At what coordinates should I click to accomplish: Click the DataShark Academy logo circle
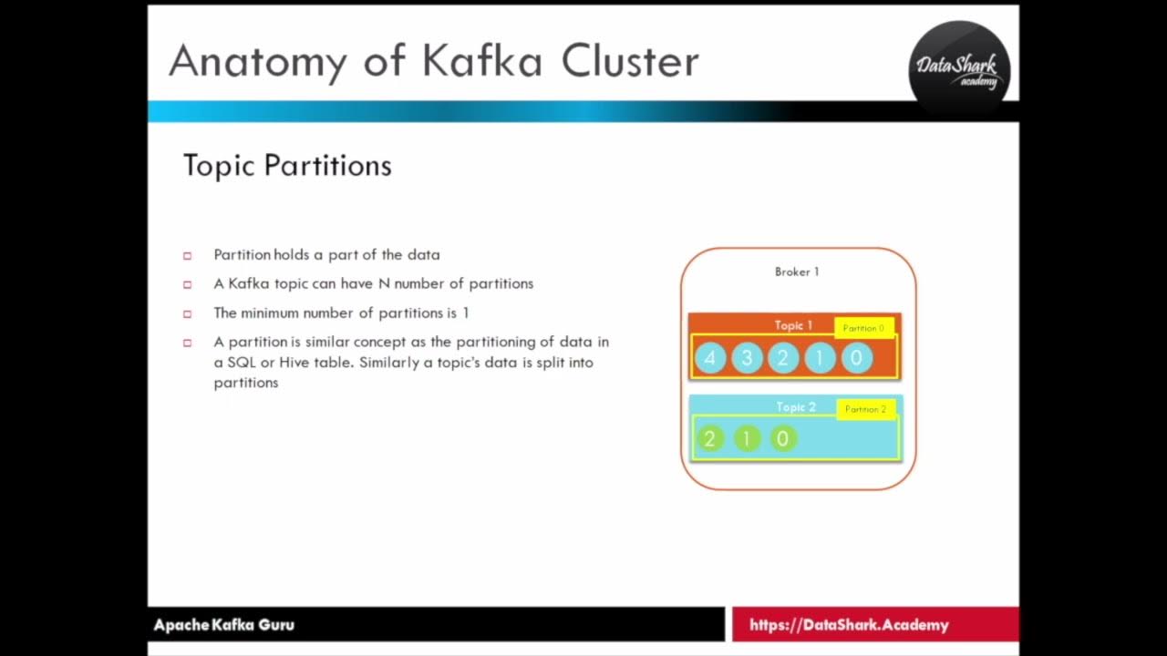tap(959, 69)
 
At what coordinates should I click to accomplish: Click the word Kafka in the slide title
tap(481, 62)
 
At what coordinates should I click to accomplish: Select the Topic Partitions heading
tap(287, 166)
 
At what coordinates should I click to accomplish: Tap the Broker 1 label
tap(797, 272)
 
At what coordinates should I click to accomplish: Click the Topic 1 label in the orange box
tap(793, 325)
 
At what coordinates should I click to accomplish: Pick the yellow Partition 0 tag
tap(863, 328)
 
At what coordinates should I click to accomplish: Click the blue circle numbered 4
tap(710, 358)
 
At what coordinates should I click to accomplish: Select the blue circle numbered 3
tap(747, 358)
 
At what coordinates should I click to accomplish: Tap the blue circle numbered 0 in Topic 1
tap(855, 358)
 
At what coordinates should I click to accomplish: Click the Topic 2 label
tap(795, 407)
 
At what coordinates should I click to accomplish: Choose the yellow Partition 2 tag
tap(865, 409)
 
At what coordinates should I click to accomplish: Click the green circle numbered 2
tap(709, 439)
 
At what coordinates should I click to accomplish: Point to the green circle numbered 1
tap(746, 439)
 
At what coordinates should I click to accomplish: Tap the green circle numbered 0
tap(781, 439)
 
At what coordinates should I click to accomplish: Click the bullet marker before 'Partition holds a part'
tap(188, 255)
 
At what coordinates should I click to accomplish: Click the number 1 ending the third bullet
tap(465, 313)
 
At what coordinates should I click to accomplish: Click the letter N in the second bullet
tap(384, 283)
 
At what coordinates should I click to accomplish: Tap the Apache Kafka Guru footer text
tap(224, 625)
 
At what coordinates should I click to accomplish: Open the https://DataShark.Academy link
tap(849, 625)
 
